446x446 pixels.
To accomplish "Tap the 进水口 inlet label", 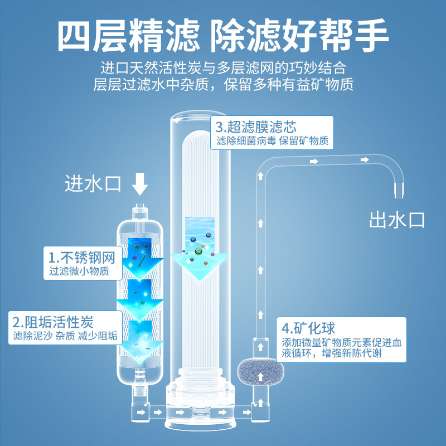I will (93, 183).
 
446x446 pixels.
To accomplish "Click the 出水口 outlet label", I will (397, 219).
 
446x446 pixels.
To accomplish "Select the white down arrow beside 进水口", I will (140, 183).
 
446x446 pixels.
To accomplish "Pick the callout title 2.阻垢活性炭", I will (54, 322).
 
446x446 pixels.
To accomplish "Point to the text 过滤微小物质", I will (77, 273).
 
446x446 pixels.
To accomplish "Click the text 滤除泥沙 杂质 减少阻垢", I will (65, 336).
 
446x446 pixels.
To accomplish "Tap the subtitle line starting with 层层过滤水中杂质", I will (223, 85).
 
